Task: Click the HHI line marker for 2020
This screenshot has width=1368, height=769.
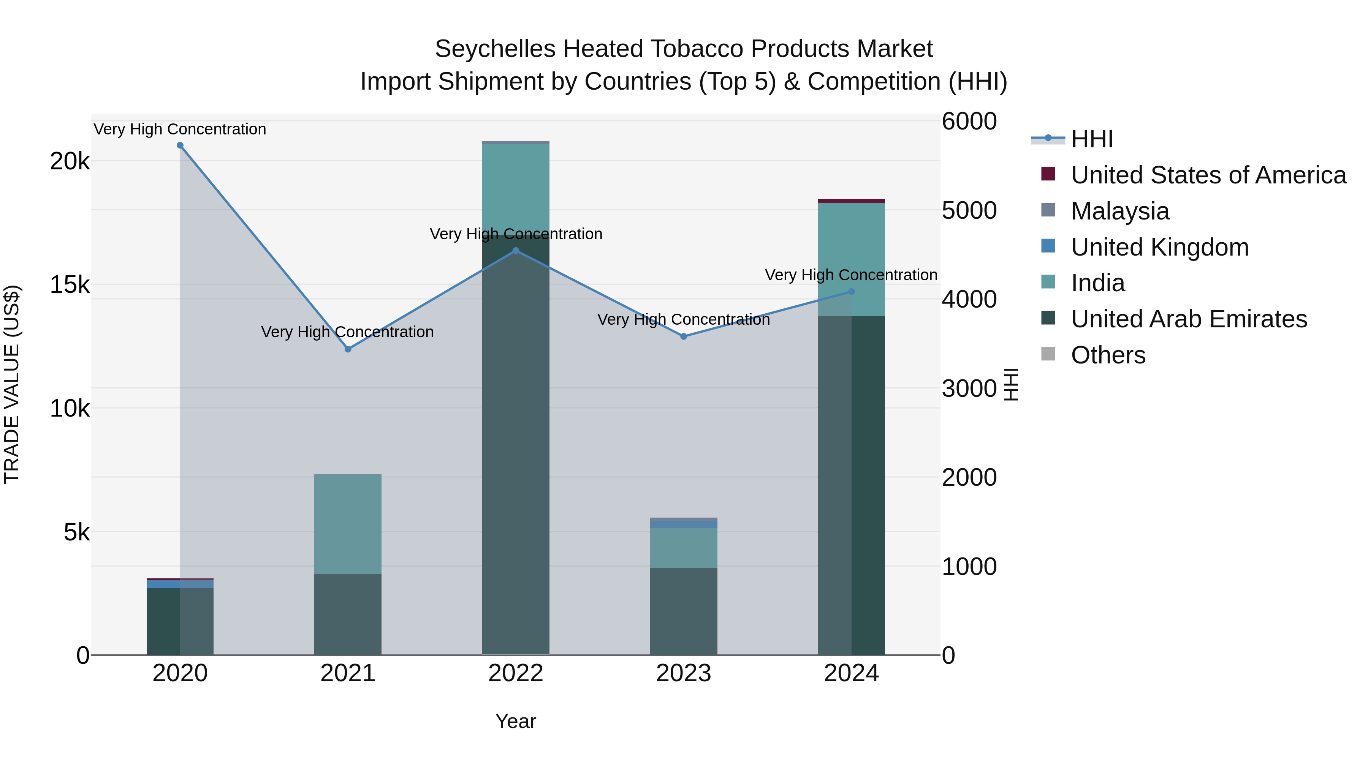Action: point(180,145)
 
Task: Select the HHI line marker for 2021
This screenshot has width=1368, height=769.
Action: point(348,349)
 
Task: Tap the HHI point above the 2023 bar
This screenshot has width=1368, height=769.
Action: point(684,336)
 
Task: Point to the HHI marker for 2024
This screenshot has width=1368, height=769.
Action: point(851,291)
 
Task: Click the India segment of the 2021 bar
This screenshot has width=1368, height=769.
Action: point(348,524)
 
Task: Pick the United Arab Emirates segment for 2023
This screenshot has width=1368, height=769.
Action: point(684,611)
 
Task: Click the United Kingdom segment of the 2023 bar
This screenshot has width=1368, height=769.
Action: point(684,524)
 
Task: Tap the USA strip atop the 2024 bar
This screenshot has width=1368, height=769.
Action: point(851,201)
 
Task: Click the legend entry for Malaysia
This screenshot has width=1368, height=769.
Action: point(1119,211)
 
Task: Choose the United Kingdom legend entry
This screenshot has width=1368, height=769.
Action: point(1159,247)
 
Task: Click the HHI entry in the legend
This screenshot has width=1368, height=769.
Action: point(1091,139)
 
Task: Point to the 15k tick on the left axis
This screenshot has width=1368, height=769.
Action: point(70,285)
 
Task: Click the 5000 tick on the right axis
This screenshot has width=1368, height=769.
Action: point(969,211)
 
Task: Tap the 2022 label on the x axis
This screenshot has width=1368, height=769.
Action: point(516,673)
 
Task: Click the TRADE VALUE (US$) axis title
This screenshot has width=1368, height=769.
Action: point(12,384)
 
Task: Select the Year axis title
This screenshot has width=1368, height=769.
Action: point(516,721)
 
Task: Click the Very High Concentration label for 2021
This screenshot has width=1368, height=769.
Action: point(347,332)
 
